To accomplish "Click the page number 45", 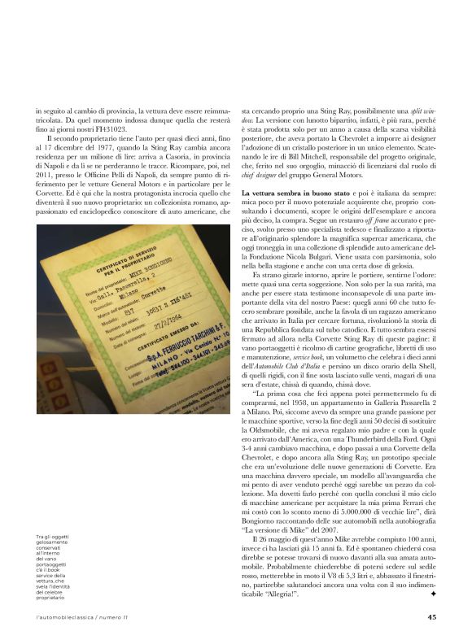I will (432, 616).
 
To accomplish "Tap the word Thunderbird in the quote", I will (352, 461).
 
